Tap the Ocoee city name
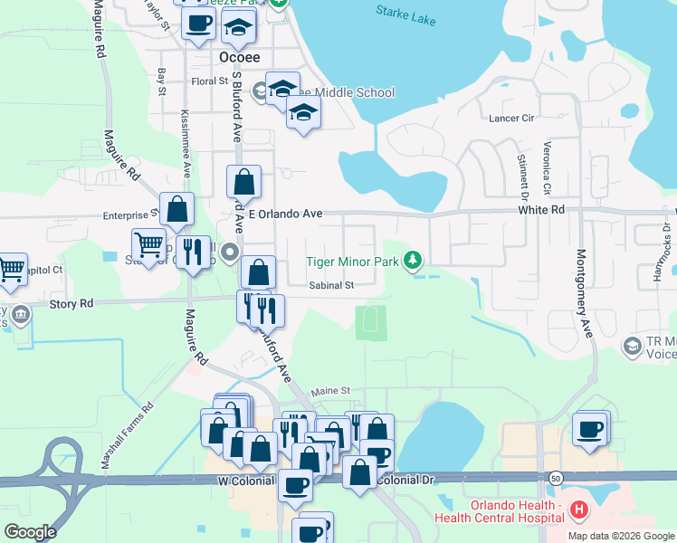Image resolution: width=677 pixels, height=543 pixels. point(240,56)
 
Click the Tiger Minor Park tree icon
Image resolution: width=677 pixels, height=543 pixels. point(413,262)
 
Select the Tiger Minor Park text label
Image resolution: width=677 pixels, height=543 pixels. point(351,262)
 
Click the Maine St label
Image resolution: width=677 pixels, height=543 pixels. point(330,391)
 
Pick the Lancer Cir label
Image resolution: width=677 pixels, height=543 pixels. point(513,119)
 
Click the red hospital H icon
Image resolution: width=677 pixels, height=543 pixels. point(579,512)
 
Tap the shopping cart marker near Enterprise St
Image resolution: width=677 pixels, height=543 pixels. point(148,243)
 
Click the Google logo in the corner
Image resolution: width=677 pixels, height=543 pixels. point(30,532)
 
